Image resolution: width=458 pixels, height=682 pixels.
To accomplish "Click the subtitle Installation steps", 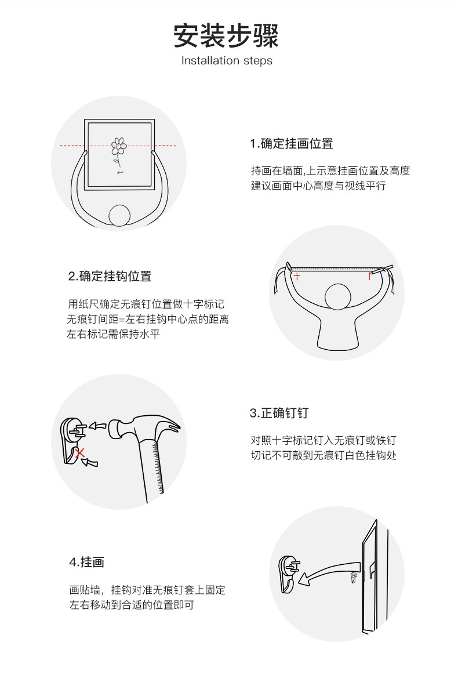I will [227, 61].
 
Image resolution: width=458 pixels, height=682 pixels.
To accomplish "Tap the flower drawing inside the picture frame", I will [119, 150].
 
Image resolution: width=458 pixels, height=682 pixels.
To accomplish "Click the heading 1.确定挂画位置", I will [291, 144].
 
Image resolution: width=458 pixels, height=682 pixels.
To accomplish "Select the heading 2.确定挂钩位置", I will [110, 276].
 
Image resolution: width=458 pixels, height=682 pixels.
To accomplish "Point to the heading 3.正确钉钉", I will [279, 413].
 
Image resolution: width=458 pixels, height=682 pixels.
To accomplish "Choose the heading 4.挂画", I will [86, 563].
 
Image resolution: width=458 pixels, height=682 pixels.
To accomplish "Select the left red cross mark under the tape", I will [297, 276].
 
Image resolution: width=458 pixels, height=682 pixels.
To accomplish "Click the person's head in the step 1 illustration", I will [120, 216].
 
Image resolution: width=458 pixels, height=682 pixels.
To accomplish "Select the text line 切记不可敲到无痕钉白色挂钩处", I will [323, 455].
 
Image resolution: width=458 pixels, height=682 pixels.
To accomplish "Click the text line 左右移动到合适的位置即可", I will [131, 605].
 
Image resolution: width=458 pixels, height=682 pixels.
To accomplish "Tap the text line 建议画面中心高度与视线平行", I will [318, 186].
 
